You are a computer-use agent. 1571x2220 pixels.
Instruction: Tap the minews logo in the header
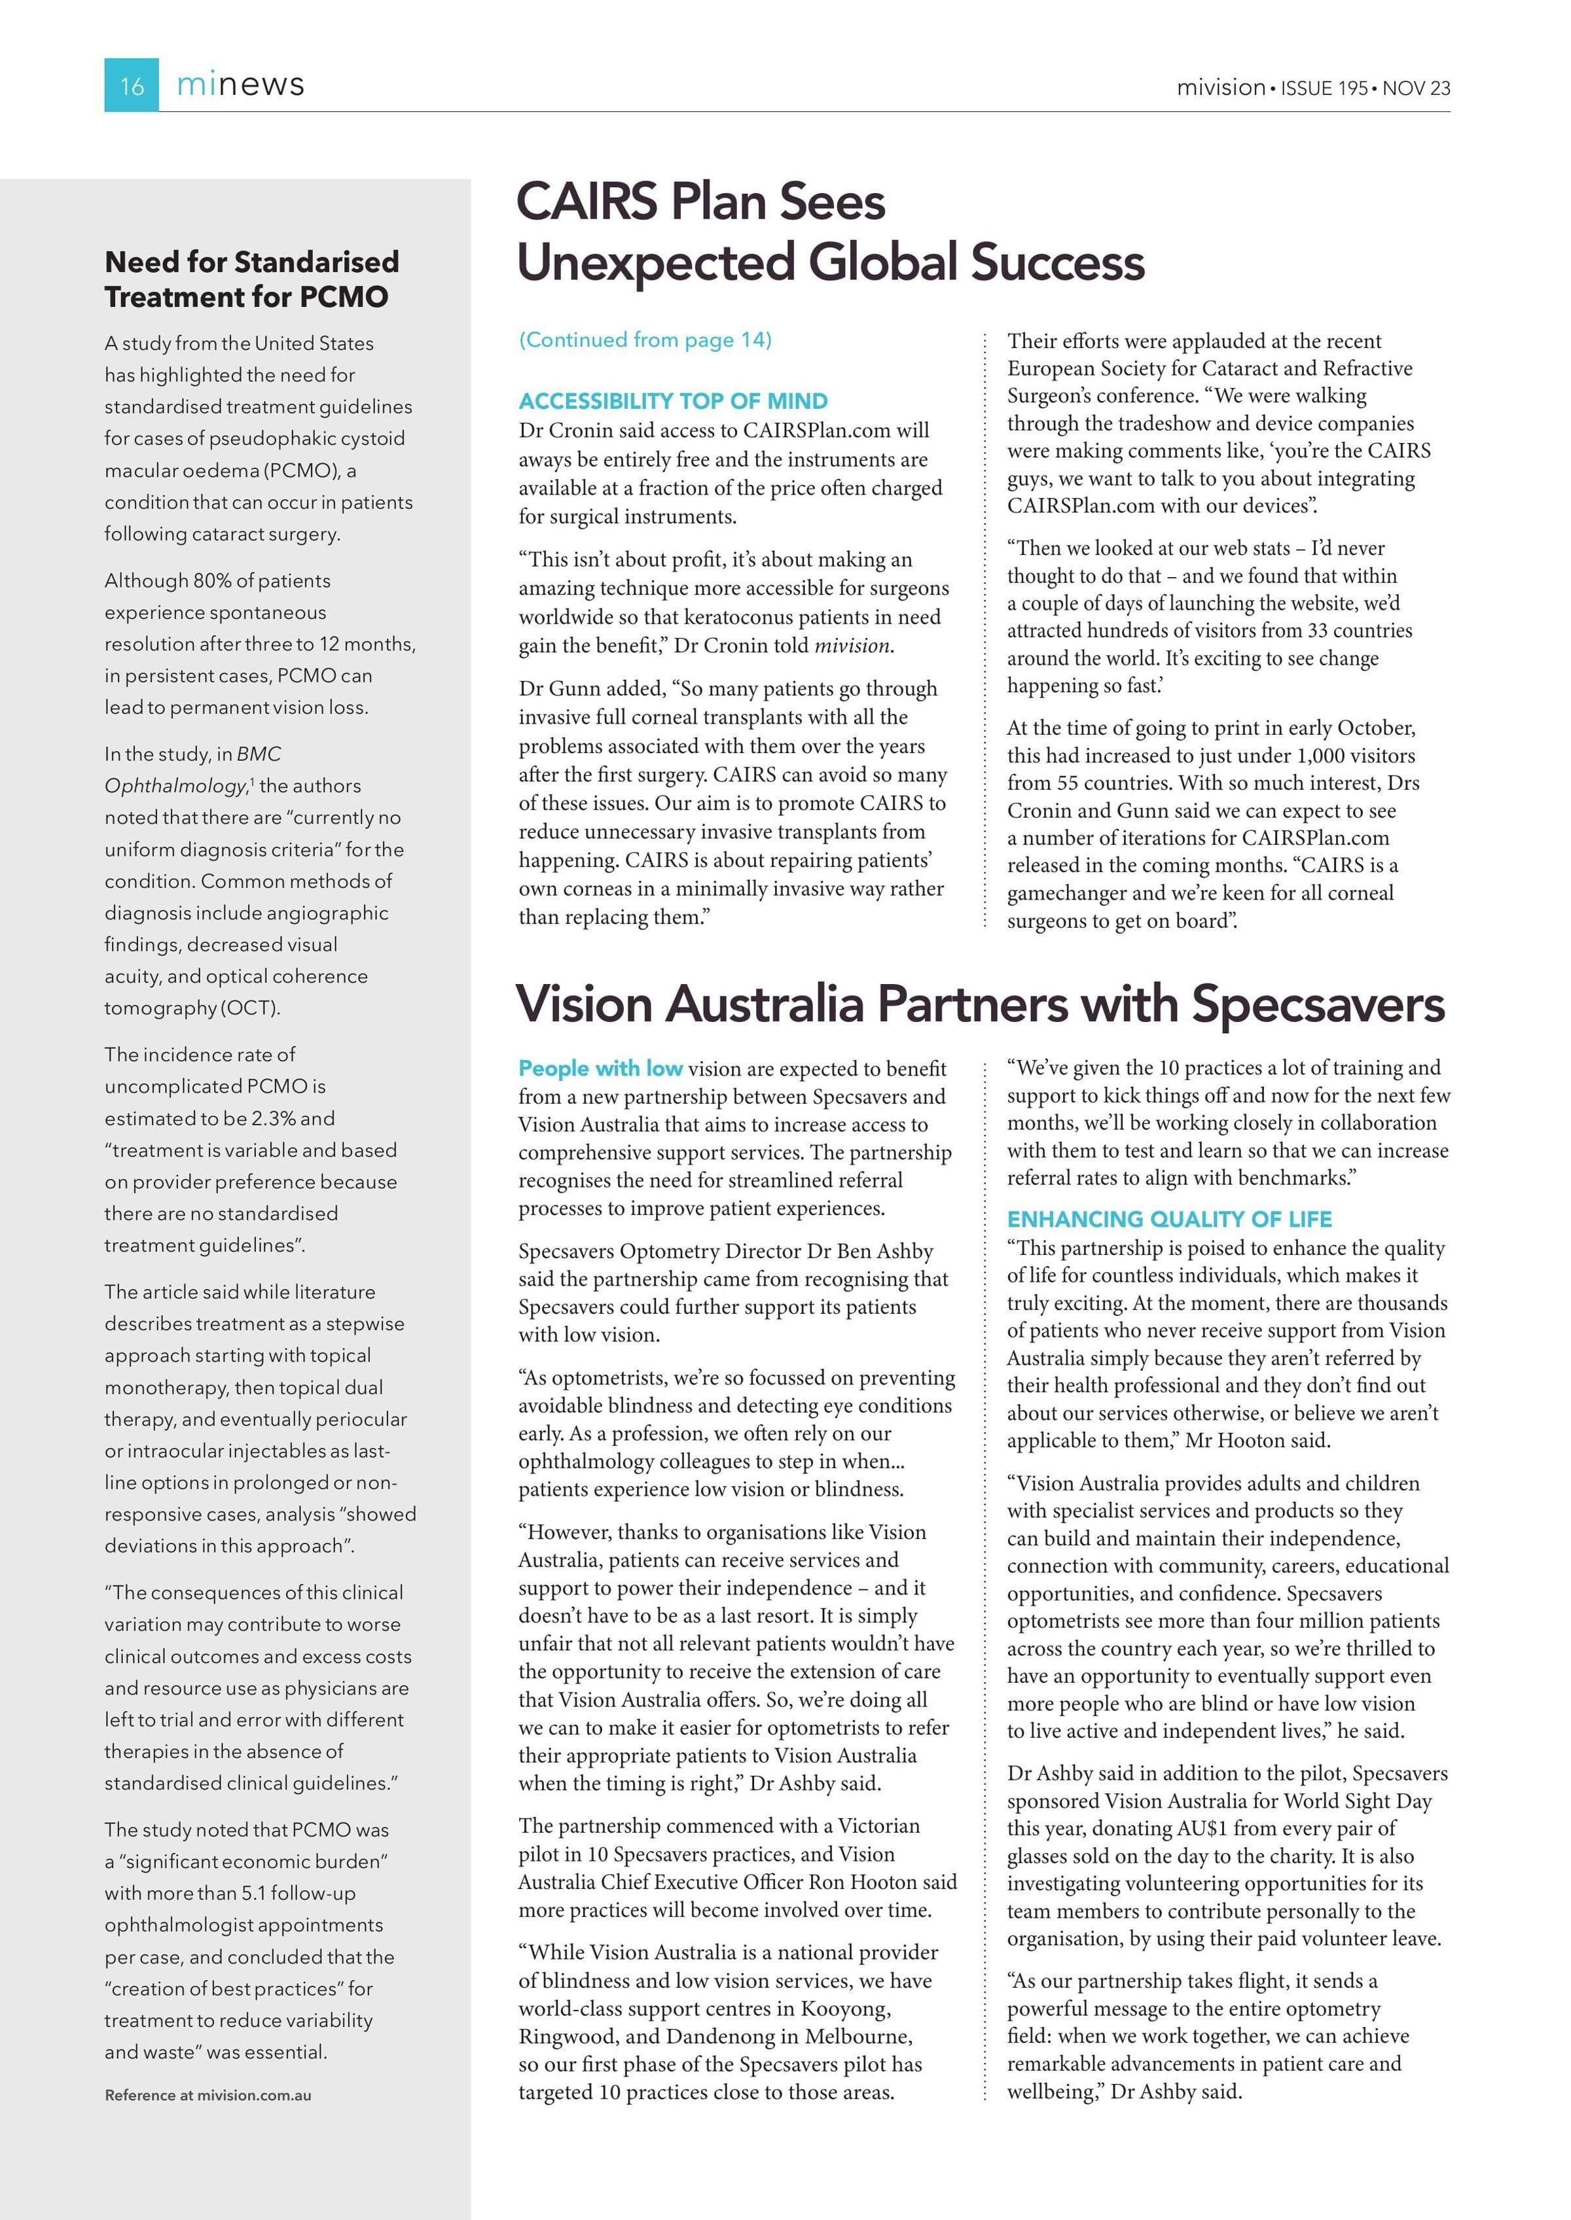click(240, 85)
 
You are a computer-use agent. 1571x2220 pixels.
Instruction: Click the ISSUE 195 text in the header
click(1324, 88)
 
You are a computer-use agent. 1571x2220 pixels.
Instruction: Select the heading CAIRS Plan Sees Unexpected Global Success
click(830, 232)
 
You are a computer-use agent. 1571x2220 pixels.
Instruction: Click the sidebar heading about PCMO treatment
click(251, 279)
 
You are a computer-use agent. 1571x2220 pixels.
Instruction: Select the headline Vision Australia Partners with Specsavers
click(980, 1004)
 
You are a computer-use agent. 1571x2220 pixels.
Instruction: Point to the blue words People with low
click(600, 1068)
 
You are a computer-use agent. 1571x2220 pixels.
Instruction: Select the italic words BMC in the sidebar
click(259, 754)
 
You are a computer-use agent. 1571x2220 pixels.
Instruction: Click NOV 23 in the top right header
click(1417, 88)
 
